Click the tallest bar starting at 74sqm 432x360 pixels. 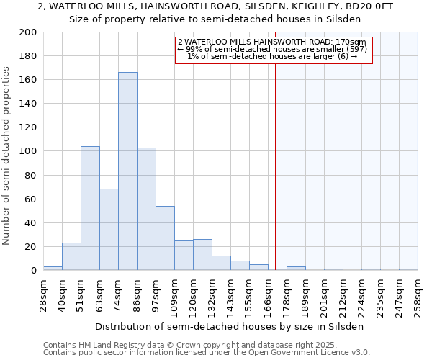tap(127, 171)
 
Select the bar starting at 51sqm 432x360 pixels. tap(90, 208)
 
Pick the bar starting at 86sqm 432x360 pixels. tap(146, 209)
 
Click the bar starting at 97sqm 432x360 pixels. tap(165, 238)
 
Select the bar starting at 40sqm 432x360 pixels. tap(71, 256)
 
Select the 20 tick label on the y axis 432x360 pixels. tap(30, 246)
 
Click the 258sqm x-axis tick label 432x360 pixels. tap(418, 296)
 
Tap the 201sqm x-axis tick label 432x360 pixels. tap(324, 296)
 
